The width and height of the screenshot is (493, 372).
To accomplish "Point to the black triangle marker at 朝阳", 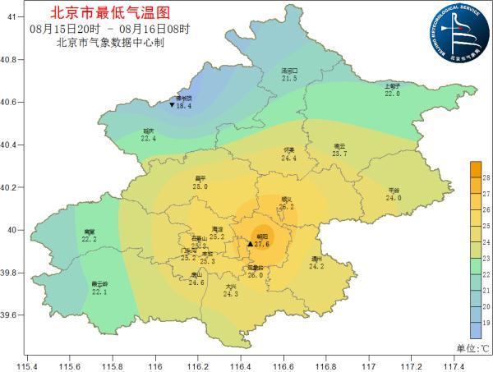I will (250, 244).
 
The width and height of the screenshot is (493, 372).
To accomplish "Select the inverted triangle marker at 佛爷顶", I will (172, 106).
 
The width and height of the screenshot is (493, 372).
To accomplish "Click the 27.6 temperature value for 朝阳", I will (262, 244).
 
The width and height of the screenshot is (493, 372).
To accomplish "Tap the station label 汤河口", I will (289, 71).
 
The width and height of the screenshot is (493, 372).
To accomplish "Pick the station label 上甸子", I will (392, 86).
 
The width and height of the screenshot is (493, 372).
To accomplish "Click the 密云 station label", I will (339, 146).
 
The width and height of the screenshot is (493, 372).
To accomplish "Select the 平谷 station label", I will (394, 190).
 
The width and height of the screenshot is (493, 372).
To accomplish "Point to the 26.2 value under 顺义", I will (286, 207).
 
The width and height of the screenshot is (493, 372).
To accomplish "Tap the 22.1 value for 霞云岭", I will (99, 292).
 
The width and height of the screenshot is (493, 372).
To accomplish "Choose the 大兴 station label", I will (231, 286).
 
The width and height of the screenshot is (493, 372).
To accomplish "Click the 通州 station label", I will (316, 259).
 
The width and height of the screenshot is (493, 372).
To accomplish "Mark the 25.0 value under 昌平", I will (200, 186).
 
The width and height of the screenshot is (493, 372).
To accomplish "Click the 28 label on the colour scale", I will (486, 177).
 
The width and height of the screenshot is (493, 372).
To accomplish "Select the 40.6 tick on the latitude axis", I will (11, 103).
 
